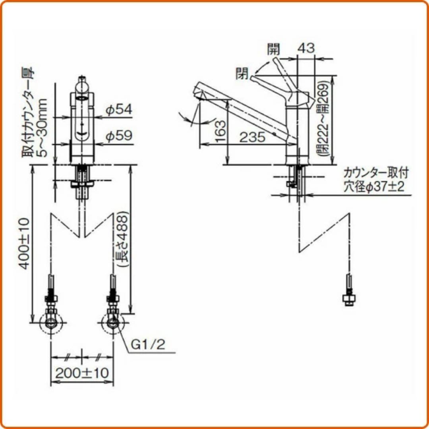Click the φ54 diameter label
[x=119, y=110]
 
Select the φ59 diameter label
[x=119, y=135]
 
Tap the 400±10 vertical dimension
[x=25, y=243]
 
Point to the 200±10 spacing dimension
[x=82, y=373]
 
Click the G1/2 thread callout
[x=148, y=345]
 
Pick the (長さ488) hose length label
[x=122, y=239]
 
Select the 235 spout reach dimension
[x=253, y=137]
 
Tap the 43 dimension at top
[x=306, y=48]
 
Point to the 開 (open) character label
[x=274, y=49]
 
